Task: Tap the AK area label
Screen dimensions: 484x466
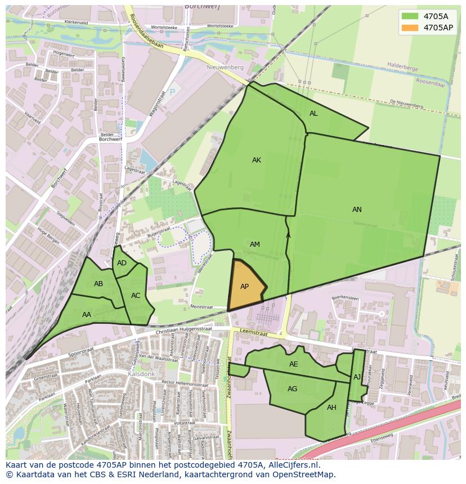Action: point(257,160)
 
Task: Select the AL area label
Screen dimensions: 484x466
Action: point(313,114)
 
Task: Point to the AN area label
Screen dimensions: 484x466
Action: point(357,210)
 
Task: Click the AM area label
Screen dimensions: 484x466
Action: point(255,245)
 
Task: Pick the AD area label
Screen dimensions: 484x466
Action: point(122,263)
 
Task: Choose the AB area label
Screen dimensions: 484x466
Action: point(98,284)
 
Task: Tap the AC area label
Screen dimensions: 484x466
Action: point(136,296)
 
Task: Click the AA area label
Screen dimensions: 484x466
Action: point(87,315)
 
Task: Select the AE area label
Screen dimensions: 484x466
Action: point(293,364)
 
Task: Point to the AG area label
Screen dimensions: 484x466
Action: point(292,389)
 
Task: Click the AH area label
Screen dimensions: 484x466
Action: point(331,408)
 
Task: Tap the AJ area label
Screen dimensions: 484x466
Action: point(357,377)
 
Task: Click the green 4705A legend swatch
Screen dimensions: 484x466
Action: point(410,16)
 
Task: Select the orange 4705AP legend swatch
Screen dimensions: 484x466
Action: point(410,27)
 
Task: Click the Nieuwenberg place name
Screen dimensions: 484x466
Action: point(225,67)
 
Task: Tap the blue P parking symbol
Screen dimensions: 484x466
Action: point(172,92)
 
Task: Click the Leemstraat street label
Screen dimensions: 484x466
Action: point(252,332)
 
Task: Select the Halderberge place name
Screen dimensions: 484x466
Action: point(402,68)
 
